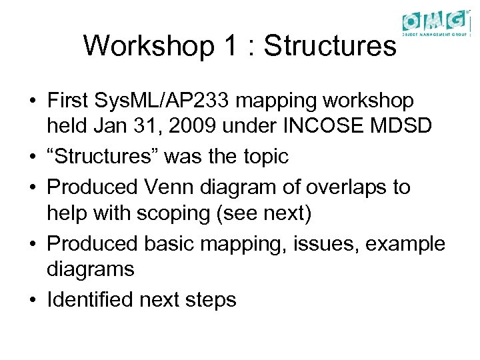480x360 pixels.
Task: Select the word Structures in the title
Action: tap(330, 46)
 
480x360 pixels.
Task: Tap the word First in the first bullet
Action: tap(69, 101)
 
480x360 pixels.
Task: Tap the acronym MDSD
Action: tap(393, 127)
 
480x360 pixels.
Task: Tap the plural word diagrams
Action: tap(91, 271)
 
